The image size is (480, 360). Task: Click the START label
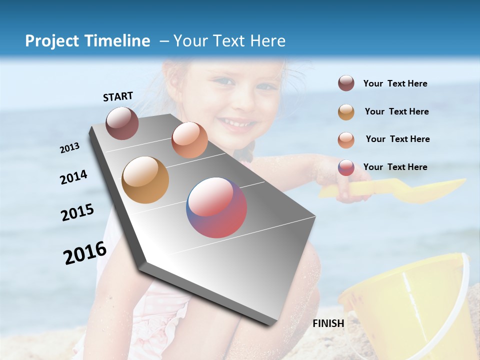(x=118, y=96)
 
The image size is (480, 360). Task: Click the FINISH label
(x=328, y=323)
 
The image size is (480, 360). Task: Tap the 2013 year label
(x=69, y=148)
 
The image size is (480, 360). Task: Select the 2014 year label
(x=74, y=177)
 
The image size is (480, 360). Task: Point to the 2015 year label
(x=77, y=213)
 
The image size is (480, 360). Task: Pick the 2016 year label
(x=85, y=253)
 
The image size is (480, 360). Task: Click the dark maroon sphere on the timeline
(x=122, y=123)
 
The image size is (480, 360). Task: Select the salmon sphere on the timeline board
(x=189, y=140)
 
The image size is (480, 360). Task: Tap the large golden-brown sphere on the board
(x=145, y=180)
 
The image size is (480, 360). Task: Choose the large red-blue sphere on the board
(x=216, y=207)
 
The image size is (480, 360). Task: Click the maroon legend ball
(x=346, y=83)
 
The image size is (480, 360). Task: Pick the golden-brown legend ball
(x=346, y=112)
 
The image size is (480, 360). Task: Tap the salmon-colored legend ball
(x=346, y=139)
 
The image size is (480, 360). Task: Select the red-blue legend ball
(x=346, y=167)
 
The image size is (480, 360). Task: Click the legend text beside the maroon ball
(x=395, y=84)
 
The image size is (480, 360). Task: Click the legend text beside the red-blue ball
(x=395, y=167)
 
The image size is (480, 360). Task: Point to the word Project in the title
(x=52, y=41)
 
